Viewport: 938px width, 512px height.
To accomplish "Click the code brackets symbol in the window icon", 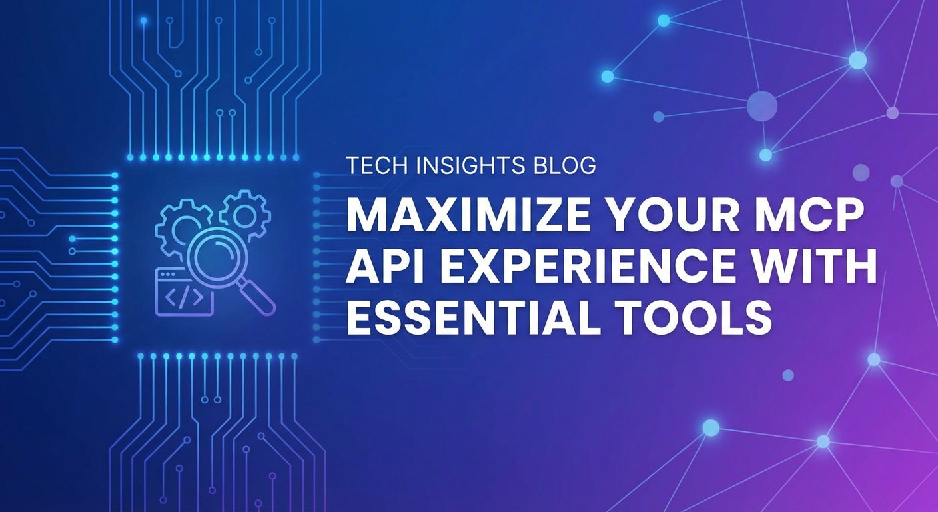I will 181,299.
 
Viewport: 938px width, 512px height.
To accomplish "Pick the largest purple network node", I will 762,105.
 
